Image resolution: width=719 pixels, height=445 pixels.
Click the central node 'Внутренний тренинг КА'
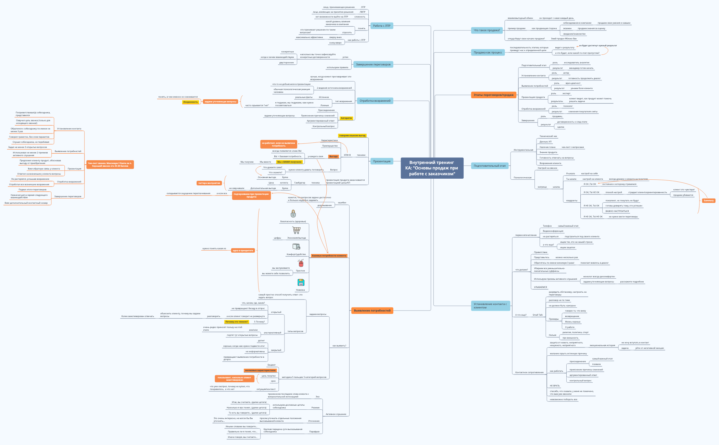click(x=432, y=168)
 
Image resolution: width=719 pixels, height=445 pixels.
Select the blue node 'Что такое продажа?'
click(x=487, y=30)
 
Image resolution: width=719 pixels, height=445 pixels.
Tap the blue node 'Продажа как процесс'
click(x=488, y=52)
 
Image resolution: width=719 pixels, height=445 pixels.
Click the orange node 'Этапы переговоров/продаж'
click(x=493, y=95)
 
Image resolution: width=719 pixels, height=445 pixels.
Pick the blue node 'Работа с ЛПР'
click(x=381, y=26)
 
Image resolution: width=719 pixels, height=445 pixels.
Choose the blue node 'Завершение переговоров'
click(x=373, y=64)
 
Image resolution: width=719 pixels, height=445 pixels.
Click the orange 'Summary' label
click(x=708, y=201)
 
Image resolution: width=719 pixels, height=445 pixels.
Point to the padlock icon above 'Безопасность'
click(x=293, y=214)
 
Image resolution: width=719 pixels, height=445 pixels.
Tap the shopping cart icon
click(x=297, y=230)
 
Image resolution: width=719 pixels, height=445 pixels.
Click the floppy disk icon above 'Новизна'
click(x=301, y=282)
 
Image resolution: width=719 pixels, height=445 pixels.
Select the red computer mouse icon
click(x=301, y=263)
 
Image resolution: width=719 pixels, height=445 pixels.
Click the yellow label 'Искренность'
click(x=190, y=102)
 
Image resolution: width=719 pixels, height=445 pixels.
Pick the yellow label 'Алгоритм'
click(x=346, y=118)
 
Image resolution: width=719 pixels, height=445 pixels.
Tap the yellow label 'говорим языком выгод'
click(x=352, y=136)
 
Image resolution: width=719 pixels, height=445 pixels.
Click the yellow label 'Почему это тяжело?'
click(x=236, y=322)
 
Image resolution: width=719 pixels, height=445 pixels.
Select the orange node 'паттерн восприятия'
click(x=209, y=183)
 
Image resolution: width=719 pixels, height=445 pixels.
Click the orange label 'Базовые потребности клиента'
click(x=329, y=256)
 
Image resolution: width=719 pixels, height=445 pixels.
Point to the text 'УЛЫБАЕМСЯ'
click(x=540, y=287)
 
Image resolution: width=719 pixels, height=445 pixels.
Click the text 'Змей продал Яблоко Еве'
click(x=564, y=39)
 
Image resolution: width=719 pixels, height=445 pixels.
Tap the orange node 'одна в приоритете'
click(x=243, y=251)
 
